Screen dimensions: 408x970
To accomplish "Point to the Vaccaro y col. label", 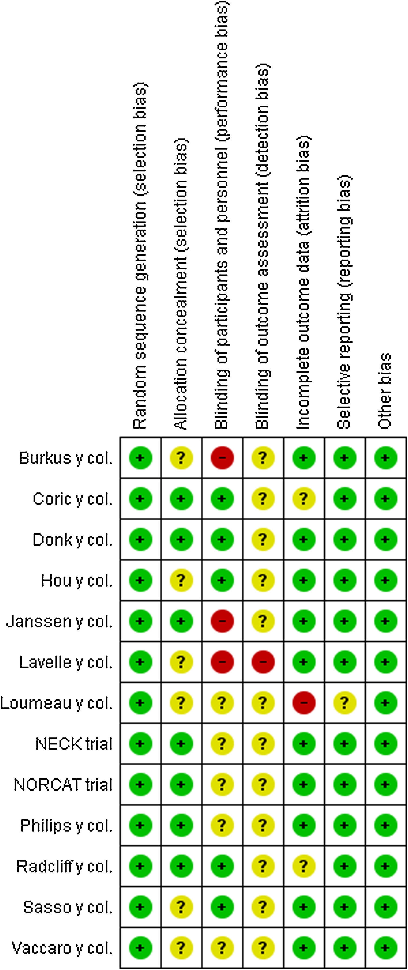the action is click(62, 948).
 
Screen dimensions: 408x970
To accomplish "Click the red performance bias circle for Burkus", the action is click(222, 458).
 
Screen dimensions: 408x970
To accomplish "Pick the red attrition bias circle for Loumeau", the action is click(304, 703).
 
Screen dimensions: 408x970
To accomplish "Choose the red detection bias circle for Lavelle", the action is click(263, 662).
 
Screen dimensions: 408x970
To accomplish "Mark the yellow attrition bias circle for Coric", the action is click(304, 499).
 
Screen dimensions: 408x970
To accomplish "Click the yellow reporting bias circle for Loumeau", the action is click(344, 703).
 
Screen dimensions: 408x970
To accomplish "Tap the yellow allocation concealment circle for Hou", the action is click(181, 580).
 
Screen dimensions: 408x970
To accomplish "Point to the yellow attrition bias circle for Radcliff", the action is click(304, 866).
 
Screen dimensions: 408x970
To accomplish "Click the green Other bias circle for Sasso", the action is click(385, 907).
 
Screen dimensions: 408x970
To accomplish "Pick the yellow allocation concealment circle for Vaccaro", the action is click(181, 948).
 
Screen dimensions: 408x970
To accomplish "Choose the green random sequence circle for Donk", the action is click(140, 539).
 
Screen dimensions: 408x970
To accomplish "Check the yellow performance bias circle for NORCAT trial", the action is click(222, 784).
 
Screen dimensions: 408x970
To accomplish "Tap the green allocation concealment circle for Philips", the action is click(181, 825).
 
